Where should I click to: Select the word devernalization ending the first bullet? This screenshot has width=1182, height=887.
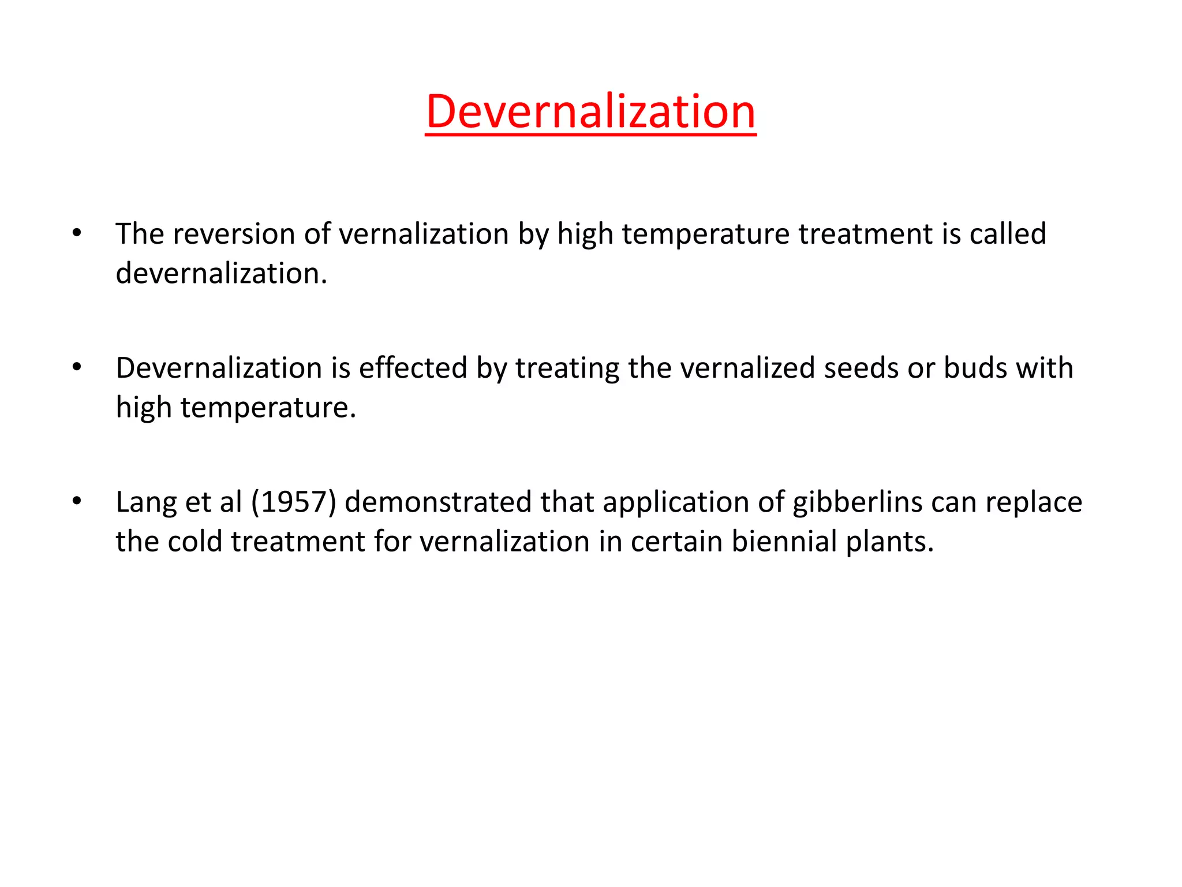point(221,274)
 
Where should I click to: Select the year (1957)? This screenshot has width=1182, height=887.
point(294,502)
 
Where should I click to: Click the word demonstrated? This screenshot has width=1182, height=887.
point(439,502)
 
